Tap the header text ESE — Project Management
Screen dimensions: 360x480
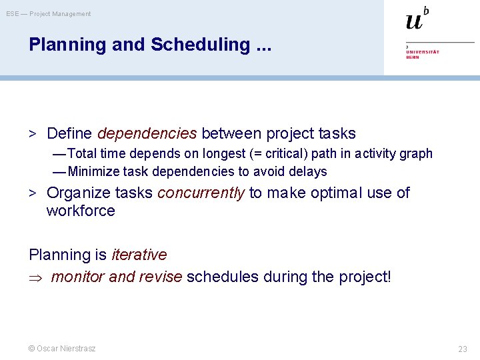pyautogui.click(x=49, y=14)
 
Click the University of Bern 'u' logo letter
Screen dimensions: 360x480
pyautogui.click(x=414, y=21)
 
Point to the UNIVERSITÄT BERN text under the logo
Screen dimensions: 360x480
pyautogui.click(x=422, y=53)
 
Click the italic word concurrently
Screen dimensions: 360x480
pyautogui.click(x=201, y=193)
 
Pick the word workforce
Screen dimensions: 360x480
pyautogui.click(x=81, y=211)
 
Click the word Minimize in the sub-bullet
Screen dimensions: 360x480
pyautogui.click(x=94, y=172)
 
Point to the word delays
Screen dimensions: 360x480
pyautogui.click(x=309, y=172)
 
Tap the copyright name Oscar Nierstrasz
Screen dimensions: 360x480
pyautogui.click(x=65, y=349)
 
